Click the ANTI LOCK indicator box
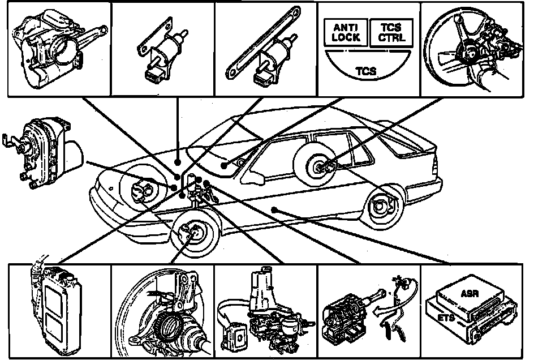pyautogui.click(x=346, y=32)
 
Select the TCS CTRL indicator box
pyautogui.click(x=391, y=32)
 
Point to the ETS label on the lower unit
pyautogui.click(x=446, y=318)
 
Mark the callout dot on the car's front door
pyautogui.click(x=274, y=209)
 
